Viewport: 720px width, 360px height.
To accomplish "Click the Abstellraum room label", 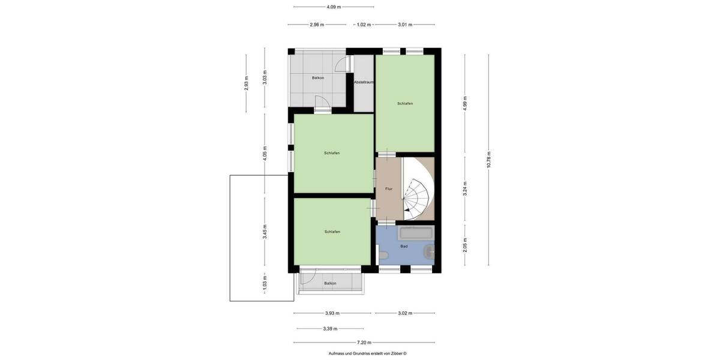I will click(364, 82).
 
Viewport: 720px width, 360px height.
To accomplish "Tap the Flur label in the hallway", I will click(389, 189).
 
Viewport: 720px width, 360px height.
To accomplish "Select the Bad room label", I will click(404, 246).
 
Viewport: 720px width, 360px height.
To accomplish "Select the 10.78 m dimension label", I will click(489, 160).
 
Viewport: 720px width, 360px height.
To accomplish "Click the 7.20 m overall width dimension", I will click(364, 343).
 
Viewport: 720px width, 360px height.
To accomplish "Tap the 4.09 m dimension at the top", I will click(334, 7).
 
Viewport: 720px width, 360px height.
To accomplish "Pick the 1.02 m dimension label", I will click(364, 25).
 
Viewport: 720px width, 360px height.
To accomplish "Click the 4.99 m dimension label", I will click(465, 103).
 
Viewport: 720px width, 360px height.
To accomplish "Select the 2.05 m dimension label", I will click(465, 244).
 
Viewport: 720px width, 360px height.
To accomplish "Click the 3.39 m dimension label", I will click(330, 329).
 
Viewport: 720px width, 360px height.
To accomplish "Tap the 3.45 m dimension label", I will click(265, 231).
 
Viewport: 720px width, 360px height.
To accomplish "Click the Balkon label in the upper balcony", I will click(318, 78).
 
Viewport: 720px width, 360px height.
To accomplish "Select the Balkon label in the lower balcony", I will click(330, 283).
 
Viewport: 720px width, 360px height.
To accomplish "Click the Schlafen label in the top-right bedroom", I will click(405, 103).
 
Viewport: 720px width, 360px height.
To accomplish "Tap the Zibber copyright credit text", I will click(367, 353).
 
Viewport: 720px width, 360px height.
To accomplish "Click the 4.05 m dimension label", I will click(265, 153).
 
